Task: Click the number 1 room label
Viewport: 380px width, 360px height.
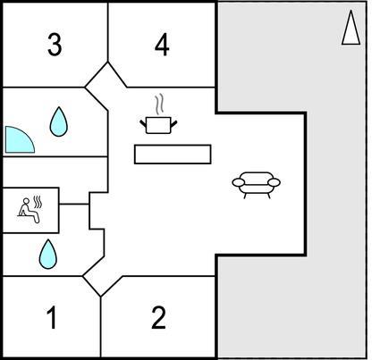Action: pyautogui.click(x=52, y=318)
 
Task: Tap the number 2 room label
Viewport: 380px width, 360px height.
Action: pyautogui.click(x=158, y=318)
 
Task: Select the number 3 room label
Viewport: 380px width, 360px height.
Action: pyautogui.click(x=55, y=45)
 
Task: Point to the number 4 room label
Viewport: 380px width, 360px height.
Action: pyautogui.click(x=162, y=45)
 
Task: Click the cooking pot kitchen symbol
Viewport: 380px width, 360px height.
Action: pyautogui.click(x=158, y=125)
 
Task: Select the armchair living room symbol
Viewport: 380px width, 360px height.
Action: pyautogui.click(x=257, y=185)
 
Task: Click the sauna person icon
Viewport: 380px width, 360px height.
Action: pyautogui.click(x=30, y=210)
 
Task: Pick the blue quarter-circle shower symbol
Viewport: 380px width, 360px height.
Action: pyautogui.click(x=20, y=140)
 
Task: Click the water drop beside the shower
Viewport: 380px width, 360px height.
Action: pyautogui.click(x=59, y=122)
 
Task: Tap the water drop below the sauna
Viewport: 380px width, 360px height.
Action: pyautogui.click(x=48, y=255)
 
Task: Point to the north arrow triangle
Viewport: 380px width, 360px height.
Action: pyautogui.click(x=351, y=28)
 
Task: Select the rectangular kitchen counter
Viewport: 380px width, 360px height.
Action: pyautogui.click(x=173, y=155)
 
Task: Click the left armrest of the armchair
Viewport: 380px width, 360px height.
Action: pyautogui.click(x=239, y=182)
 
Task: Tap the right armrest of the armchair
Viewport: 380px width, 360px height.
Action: pyautogui.click(x=274, y=182)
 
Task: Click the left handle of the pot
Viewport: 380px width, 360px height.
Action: pyautogui.click(x=143, y=122)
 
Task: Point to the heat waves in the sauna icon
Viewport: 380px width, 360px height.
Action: pyautogui.click(x=38, y=202)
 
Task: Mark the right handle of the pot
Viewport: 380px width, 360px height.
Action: pyautogui.click(x=173, y=122)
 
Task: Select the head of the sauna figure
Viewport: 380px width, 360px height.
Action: pyautogui.click(x=27, y=201)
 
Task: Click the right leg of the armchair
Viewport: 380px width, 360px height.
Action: pyautogui.click(x=268, y=196)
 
